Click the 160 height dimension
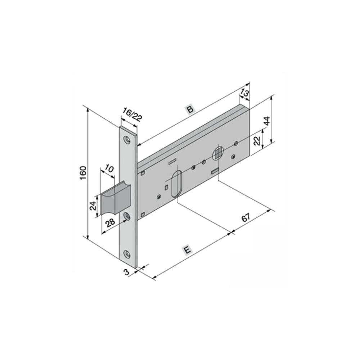coord(83,173)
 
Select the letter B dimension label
coord(190,109)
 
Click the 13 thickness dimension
coord(244,94)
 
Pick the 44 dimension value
coord(266,121)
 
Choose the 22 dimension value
coord(257,140)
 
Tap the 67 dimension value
coord(246,217)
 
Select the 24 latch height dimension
coord(93,206)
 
